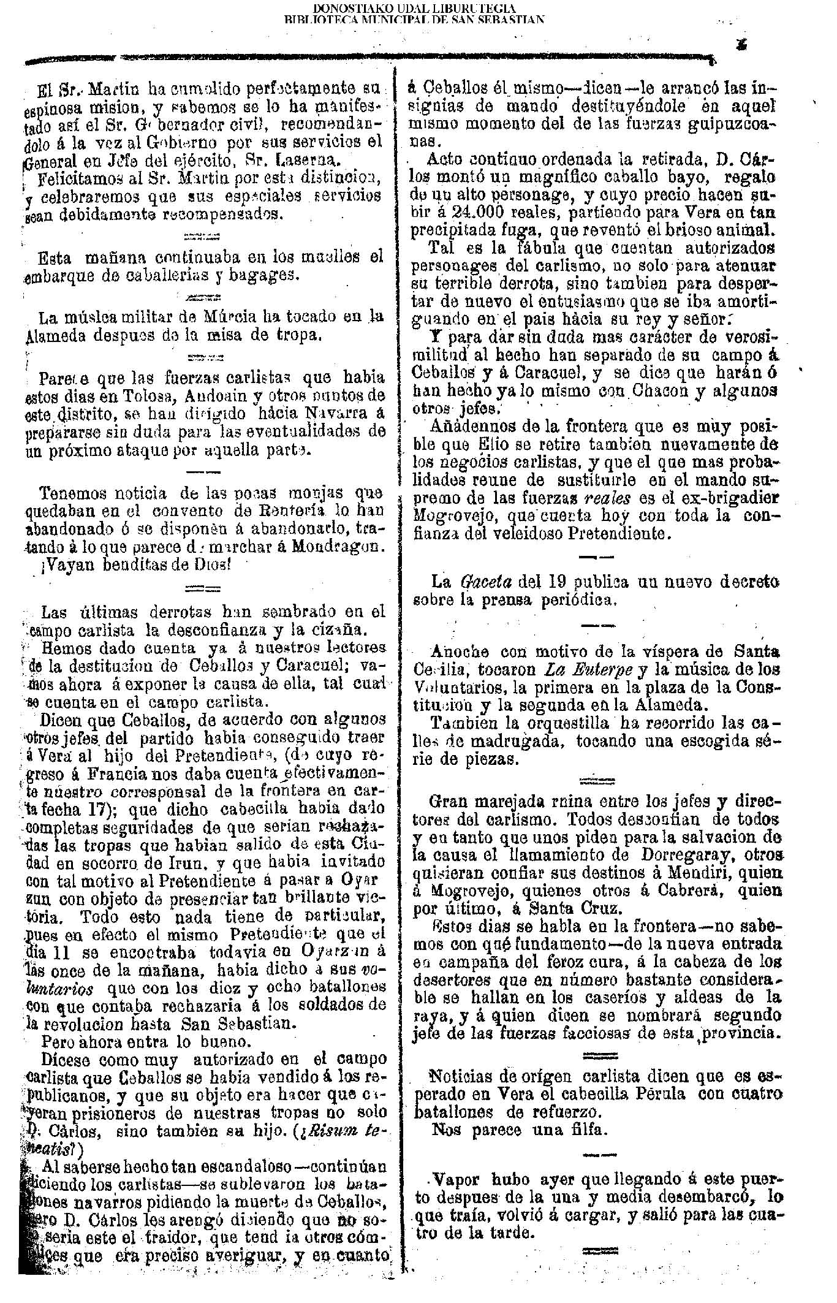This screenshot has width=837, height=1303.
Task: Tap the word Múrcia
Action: (225, 317)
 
